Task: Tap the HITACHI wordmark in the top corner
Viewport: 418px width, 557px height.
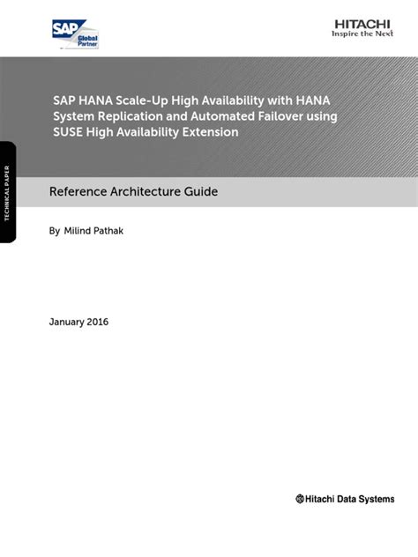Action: click(363, 25)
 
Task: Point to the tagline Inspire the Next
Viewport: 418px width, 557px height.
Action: click(363, 35)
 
